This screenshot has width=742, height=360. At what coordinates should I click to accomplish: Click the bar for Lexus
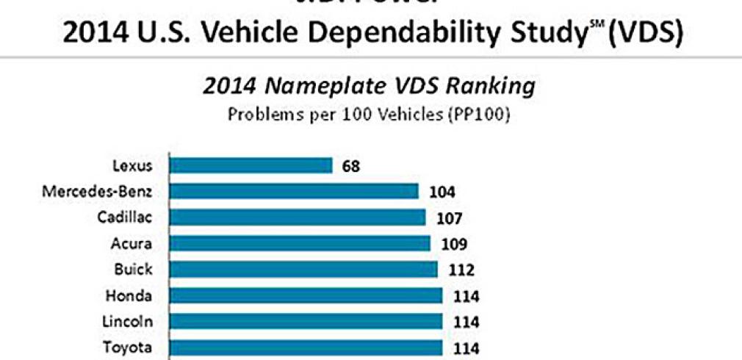click(251, 165)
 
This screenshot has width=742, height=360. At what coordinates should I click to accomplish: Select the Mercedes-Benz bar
click(294, 192)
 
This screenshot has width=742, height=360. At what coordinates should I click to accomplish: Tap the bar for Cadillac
click(298, 217)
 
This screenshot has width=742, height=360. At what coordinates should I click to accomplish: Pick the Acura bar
click(300, 243)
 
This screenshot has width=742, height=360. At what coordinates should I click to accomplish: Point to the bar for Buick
click(303, 270)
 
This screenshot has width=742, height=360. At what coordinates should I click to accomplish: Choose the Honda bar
click(306, 295)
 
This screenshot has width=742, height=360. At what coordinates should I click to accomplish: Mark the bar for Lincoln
click(306, 322)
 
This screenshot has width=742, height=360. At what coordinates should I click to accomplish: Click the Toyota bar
click(306, 348)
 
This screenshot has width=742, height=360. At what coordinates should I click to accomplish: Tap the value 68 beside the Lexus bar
click(351, 166)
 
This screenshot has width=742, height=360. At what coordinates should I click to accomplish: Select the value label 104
click(443, 192)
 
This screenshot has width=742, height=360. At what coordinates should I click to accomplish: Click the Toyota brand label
click(133, 348)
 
